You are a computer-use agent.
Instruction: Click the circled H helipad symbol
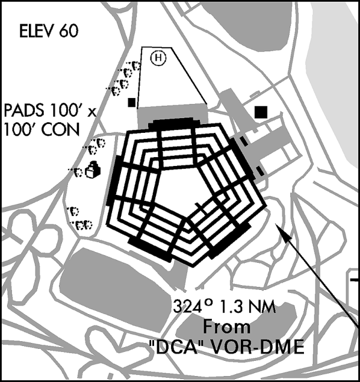tap(158, 58)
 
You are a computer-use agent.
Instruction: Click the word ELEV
tap(38, 31)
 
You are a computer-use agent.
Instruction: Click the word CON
tap(61, 129)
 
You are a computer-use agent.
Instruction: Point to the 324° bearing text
tap(191, 306)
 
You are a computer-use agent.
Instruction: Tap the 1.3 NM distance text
tap(248, 306)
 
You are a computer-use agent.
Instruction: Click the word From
tap(227, 327)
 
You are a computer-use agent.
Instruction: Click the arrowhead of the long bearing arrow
tap(282, 231)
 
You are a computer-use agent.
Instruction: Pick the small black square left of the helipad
tap(132, 102)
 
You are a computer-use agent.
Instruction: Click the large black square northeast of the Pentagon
tap(261, 112)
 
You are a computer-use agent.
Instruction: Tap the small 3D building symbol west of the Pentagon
tap(93, 169)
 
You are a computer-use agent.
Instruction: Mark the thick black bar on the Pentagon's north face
tap(174, 123)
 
